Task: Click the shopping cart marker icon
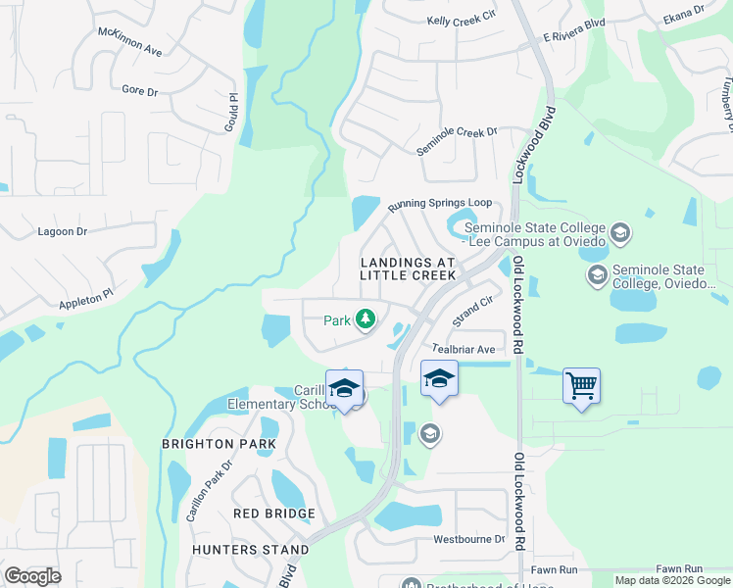(x=581, y=386)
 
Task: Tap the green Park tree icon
(x=366, y=318)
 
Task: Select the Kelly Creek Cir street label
(x=464, y=21)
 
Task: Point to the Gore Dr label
(x=140, y=91)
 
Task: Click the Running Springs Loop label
(x=439, y=205)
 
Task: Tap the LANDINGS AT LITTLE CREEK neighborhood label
(x=408, y=269)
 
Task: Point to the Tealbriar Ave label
(x=464, y=349)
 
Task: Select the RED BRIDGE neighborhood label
(x=274, y=514)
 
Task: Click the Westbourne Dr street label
(x=468, y=540)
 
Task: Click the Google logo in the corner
(x=32, y=575)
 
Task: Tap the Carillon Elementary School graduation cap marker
(x=344, y=386)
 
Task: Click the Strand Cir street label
(x=471, y=312)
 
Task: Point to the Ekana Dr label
(x=683, y=14)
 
